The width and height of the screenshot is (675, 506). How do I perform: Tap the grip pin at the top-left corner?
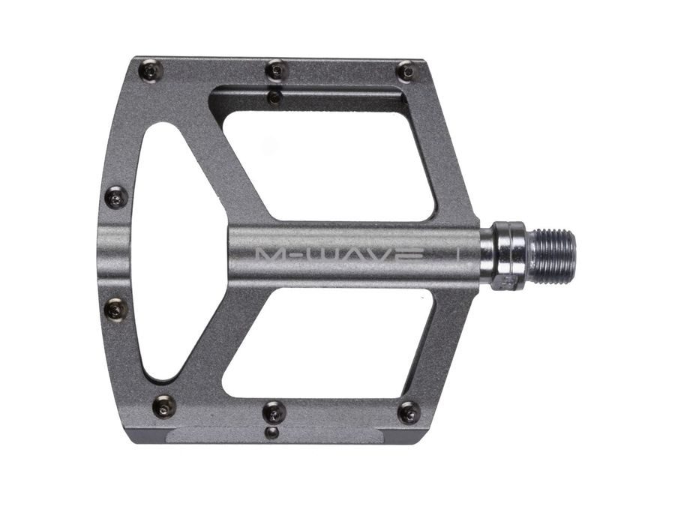pos(150,71)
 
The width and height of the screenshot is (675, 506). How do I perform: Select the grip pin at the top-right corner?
pos(406,71)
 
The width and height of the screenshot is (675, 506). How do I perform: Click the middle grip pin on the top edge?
pos(276,70)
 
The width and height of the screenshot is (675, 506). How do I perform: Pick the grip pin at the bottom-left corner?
pos(163,406)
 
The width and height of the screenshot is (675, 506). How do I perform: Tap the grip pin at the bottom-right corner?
pos(409,412)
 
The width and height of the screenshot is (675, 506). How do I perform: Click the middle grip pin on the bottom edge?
pos(274,412)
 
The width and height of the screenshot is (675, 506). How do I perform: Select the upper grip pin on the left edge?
pos(115,198)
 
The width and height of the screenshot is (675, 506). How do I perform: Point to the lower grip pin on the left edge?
pos(116,308)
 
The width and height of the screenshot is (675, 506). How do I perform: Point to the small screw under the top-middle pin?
pos(275,97)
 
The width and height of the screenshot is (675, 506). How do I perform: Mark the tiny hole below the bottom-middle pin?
pos(274,433)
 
